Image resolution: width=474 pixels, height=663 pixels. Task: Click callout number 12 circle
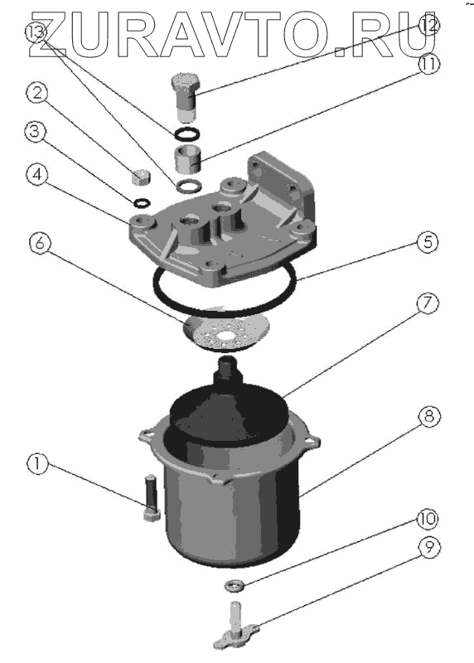click(428, 26)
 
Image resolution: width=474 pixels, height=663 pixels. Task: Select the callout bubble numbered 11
click(428, 65)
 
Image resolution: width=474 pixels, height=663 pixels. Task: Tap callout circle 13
click(36, 31)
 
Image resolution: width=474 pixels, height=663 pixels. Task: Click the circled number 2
click(37, 93)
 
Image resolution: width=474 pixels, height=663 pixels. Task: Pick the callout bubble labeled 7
click(428, 302)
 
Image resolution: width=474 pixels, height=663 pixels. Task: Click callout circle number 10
click(428, 519)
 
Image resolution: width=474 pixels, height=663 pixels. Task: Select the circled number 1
click(38, 464)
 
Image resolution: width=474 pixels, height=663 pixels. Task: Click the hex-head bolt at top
click(185, 97)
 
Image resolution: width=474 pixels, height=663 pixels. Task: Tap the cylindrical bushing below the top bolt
click(187, 158)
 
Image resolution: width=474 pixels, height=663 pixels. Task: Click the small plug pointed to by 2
click(142, 177)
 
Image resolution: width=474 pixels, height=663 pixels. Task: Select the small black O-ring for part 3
click(141, 202)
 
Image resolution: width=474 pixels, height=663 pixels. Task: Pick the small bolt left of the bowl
click(152, 498)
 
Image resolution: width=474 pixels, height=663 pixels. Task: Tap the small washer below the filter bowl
click(235, 586)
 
